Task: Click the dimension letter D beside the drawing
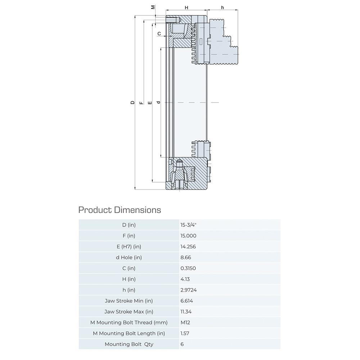[x=132, y=103]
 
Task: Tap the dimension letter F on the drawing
[x=141, y=103]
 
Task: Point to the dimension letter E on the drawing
[x=150, y=103]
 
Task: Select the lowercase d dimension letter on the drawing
[x=158, y=102]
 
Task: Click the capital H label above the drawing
[x=186, y=8]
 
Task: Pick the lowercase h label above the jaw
[x=222, y=8]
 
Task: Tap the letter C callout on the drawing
[x=159, y=34]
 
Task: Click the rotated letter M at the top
[x=153, y=7]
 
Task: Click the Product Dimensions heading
[x=120, y=210]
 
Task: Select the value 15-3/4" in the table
[x=188, y=225]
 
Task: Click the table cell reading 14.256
[x=188, y=247]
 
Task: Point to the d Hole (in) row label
[x=129, y=257]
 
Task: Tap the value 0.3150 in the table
[x=188, y=268]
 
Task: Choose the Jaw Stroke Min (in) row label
[x=129, y=301]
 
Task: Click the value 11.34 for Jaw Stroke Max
[x=186, y=311]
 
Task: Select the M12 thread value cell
[x=185, y=323]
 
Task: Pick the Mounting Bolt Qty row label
[x=129, y=344]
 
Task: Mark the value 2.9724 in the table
[x=189, y=290]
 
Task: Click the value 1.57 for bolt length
[x=185, y=333]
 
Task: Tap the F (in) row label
[x=129, y=236]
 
